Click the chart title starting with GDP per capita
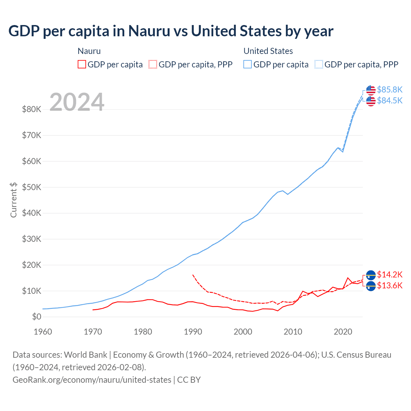point(171,31)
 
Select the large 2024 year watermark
point(77,102)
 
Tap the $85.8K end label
point(389,90)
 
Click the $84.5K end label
point(389,101)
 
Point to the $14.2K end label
point(389,275)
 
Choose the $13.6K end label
point(389,285)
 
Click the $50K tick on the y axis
point(31,187)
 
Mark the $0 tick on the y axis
point(37,317)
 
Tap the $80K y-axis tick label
point(31,109)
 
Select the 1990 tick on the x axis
point(193,332)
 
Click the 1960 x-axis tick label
point(43,332)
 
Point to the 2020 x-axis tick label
point(343,332)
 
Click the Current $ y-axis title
point(13,200)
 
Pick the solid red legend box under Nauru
point(82,64)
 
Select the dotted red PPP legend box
point(153,64)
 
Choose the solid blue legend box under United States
point(248,64)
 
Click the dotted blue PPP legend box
point(319,64)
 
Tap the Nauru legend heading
point(89,51)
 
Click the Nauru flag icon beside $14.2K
point(371,275)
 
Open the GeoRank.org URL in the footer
point(92,380)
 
